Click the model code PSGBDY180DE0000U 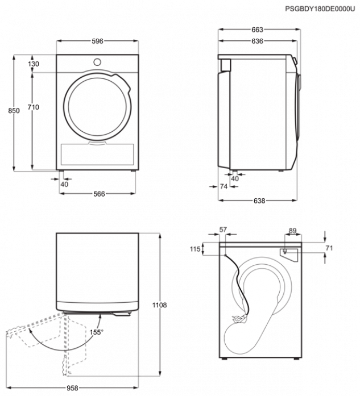point(320,9)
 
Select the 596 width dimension point(97,41)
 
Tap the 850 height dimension point(14,111)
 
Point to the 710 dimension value point(33,107)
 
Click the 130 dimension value point(34,64)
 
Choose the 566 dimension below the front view point(99,194)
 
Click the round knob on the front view point(97,62)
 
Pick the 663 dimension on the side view point(258,30)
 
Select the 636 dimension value point(258,41)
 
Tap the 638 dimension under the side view point(259,201)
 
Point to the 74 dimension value point(224,186)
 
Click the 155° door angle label point(96,332)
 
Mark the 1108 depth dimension point(159,305)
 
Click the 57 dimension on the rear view point(223,230)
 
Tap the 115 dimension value point(195,249)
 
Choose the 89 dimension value point(292,231)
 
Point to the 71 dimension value point(329,248)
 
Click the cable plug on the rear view point(239,319)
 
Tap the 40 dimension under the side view point(235,178)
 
